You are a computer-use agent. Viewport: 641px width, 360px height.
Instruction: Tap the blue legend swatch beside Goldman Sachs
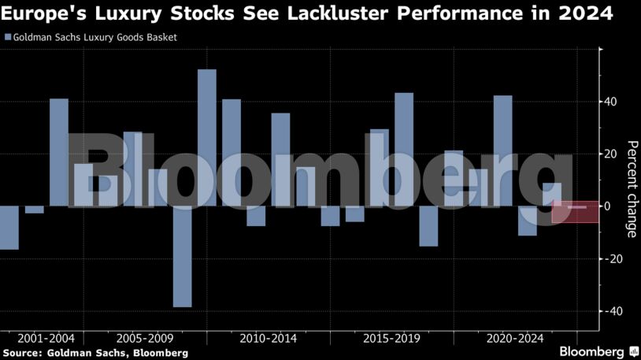click(x=8, y=37)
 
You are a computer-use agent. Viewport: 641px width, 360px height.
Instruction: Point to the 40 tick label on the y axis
click(x=611, y=102)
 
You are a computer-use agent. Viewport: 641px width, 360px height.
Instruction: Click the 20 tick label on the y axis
click(x=611, y=154)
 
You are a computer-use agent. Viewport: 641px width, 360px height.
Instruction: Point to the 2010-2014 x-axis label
click(x=269, y=339)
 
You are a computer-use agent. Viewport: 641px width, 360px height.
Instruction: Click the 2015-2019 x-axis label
click(x=392, y=339)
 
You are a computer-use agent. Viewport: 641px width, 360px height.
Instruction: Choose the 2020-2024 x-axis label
click(x=516, y=339)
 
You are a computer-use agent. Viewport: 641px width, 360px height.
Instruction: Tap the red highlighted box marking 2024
click(x=576, y=211)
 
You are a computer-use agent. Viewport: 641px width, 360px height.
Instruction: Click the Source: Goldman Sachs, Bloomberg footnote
click(x=94, y=353)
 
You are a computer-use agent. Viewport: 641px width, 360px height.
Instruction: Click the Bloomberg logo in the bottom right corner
click(x=597, y=351)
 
